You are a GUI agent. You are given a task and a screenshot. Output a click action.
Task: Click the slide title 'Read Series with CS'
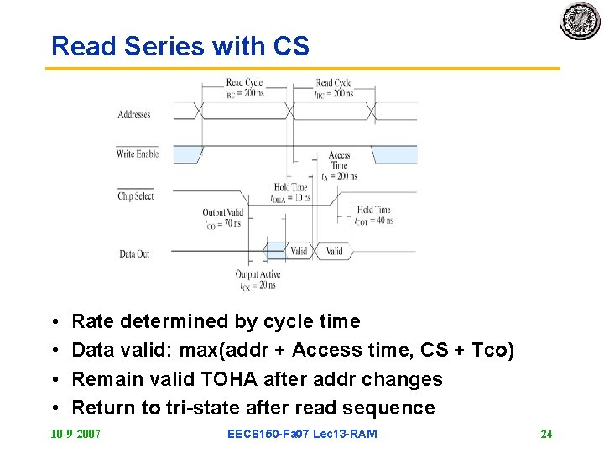[180, 46]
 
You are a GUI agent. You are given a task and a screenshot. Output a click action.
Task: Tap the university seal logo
[581, 20]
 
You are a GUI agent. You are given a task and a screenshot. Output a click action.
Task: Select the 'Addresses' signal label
[134, 115]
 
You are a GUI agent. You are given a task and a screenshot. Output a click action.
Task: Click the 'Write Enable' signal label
[137, 154]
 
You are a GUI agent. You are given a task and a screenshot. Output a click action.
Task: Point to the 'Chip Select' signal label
[136, 196]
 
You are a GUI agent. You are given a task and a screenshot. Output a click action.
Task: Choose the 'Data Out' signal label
[134, 253]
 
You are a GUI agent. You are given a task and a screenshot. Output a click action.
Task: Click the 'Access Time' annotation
[339, 160]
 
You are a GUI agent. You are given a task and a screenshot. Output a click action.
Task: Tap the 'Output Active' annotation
[258, 274]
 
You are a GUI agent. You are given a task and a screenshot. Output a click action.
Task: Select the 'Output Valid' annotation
[222, 213]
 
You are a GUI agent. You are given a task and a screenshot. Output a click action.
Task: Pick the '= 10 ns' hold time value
[298, 199]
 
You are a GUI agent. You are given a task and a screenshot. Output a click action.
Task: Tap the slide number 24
[546, 434]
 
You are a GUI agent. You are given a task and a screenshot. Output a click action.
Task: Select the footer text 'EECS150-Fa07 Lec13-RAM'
[302, 434]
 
